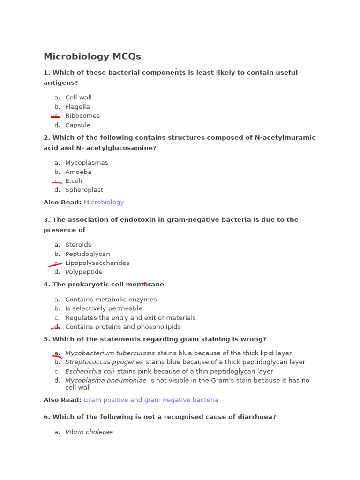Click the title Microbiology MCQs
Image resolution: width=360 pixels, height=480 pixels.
point(92,57)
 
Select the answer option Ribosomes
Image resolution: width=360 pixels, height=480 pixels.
point(82,116)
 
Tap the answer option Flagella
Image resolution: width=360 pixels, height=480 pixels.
point(77,107)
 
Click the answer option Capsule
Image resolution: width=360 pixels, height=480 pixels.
point(78,125)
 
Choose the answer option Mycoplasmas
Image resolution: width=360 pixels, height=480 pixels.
point(86,163)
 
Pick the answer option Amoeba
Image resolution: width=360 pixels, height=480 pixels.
point(78,172)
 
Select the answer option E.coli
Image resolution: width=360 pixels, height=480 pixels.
point(74,181)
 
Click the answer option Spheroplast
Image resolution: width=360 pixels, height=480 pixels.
point(84,190)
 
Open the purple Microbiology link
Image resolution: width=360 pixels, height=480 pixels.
point(104,202)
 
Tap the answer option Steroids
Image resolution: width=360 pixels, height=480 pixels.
point(78,245)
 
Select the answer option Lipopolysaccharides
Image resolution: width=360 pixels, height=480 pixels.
point(97,263)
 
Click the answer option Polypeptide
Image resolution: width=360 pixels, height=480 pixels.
point(83,272)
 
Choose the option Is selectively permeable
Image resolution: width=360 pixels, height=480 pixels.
point(104,308)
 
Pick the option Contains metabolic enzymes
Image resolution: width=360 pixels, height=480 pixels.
point(111,300)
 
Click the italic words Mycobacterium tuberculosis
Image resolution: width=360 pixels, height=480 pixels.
point(110,353)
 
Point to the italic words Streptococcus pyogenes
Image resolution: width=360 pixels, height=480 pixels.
point(104,362)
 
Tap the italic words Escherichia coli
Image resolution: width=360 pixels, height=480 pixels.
point(90,371)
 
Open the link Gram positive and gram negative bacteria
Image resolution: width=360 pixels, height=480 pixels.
point(151,400)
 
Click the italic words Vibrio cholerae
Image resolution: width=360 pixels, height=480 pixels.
point(89,432)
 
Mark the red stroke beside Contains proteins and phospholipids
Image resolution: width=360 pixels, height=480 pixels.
point(56,327)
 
